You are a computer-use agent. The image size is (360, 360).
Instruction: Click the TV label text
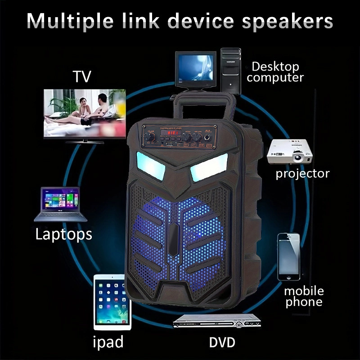[x=81, y=76]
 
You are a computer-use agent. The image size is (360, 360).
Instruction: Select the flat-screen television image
[x=84, y=115]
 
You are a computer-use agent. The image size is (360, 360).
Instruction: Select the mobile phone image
[x=288, y=256]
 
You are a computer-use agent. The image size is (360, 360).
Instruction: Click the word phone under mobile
[x=304, y=301]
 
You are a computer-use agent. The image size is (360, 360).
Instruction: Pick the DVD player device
[x=216, y=324]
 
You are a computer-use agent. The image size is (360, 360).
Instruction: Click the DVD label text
[x=222, y=342]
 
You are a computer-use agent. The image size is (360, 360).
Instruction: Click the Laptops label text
[x=63, y=234]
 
